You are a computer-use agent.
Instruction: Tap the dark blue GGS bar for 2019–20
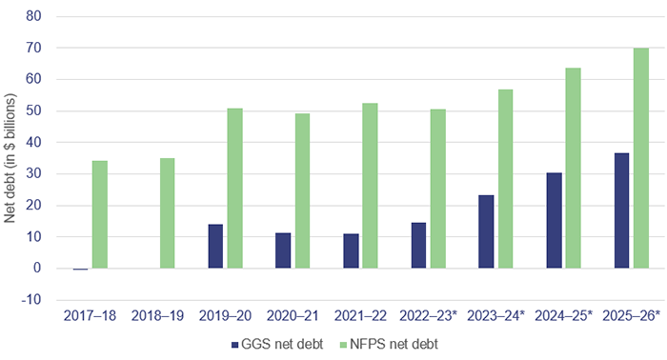pos(215,247)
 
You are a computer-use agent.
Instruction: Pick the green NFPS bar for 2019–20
pos(234,189)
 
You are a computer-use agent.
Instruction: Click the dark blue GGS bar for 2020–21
pos(283,250)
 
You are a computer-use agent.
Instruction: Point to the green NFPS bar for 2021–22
pos(370,186)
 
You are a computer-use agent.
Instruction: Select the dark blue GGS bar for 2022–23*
pos(418,246)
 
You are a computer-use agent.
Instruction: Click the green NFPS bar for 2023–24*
pos(505,179)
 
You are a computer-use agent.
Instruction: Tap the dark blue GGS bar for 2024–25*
pos(554,221)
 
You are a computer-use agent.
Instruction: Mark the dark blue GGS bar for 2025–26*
pos(621,210)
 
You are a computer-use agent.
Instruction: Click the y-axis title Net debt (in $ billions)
pos(11,157)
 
